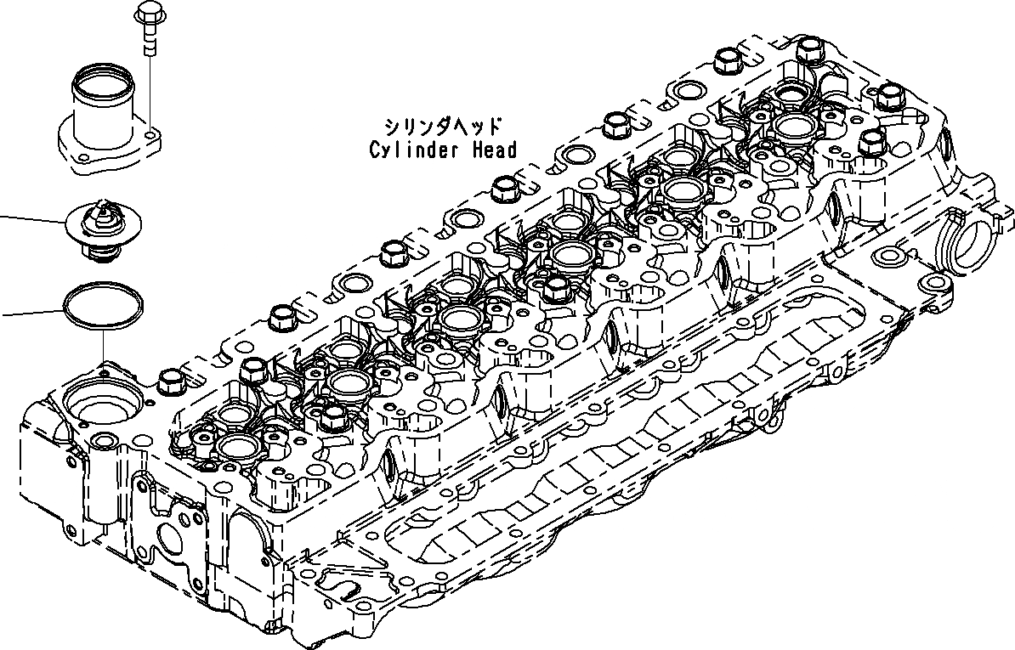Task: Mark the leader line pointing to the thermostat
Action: (34, 219)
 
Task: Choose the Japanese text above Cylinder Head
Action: (442, 127)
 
